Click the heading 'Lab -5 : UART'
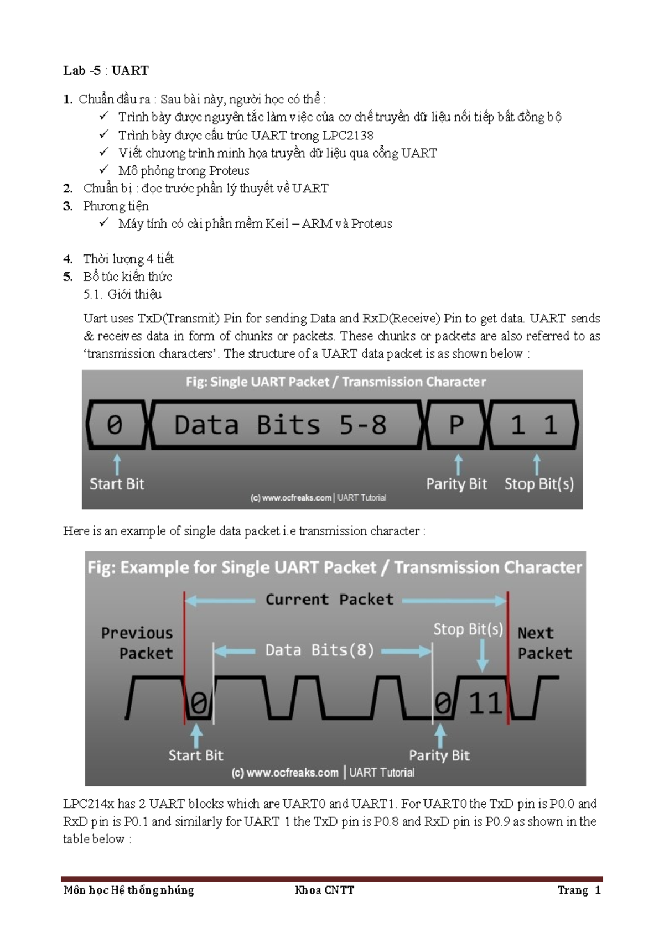[106, 70]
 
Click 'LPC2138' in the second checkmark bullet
[348, 135]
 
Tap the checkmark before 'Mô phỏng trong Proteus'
[103, 170]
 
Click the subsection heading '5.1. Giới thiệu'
[122, 294]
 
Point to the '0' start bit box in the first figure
[115, 425]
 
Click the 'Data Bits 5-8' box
[281, 425]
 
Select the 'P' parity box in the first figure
[456, 425]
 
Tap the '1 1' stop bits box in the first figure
[533, 425]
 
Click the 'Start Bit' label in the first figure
[117, 484]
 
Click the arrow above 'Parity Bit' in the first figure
[458, 464]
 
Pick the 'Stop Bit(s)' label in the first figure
[539, 484]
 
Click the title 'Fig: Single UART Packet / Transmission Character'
[335, 382]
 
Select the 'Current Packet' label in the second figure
[329, 600]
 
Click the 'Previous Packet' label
[137, 643]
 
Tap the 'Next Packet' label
[543, 643]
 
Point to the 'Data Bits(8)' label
[320, 650]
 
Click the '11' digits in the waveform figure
[485, 703]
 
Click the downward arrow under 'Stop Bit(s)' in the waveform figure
[483, 655]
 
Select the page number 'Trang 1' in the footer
[579, 890]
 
